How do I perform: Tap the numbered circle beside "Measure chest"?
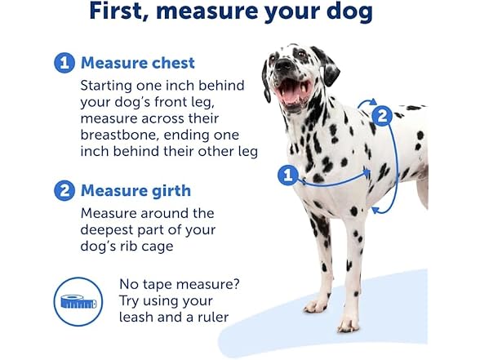[x=64, y=63]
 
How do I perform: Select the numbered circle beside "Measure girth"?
[x=64, y=191]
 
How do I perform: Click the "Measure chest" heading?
[x=138, y=63]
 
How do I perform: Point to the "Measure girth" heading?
[x=136, y=191]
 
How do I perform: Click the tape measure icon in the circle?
[x=78, y=302]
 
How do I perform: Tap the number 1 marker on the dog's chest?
[x=287, y=176]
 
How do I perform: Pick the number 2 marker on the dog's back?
[x=382, y=116]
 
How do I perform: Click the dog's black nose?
[x=283, y=64]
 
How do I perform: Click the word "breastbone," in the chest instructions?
[x=119, y=135]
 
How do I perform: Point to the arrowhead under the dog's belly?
[x=376, y=210]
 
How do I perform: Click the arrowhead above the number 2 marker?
[x=373, y=101]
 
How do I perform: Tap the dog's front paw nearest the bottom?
[x=348, y=326]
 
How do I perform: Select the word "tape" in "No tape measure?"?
[x=155, y=285]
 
